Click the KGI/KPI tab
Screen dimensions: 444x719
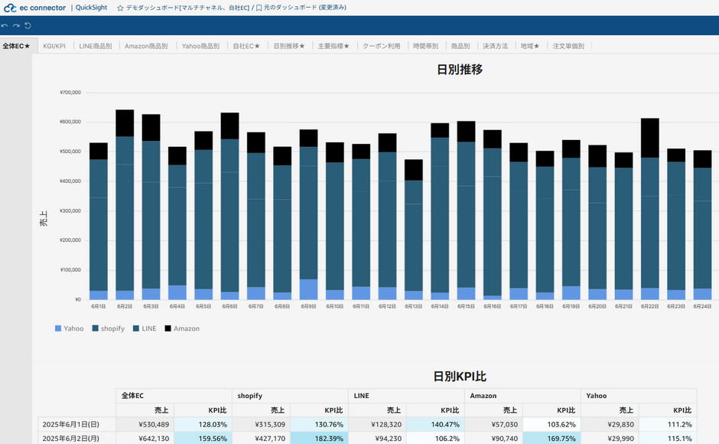(54, 46)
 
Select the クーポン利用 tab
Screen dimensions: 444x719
(381, 46)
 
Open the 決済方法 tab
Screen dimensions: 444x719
(496, 46)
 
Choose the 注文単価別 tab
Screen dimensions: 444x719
(568, 46)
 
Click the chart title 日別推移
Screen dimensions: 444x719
(459, 70)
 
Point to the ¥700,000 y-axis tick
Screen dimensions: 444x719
(70, 93)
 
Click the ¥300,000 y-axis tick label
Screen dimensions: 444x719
(70, 211)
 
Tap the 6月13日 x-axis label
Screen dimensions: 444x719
(413, 306)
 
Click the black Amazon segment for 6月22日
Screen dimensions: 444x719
(650, 138)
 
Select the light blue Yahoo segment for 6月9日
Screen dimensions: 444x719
(308, 289)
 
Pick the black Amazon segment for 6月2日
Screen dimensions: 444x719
(125, 123)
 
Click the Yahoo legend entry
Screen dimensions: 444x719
(70, 328)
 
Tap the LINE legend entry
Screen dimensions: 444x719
(145, 328)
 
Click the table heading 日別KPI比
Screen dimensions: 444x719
(460, 377)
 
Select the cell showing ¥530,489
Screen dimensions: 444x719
(153, 424)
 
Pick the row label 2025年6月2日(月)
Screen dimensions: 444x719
(75, 439)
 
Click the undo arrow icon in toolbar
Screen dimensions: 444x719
(5, 25)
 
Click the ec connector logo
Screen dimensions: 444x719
(34, 8)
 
